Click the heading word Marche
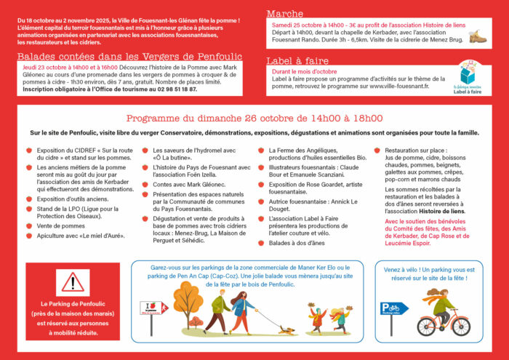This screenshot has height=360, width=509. pyautogui.click(x=285, y=14)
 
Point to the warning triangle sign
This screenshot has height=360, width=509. pyautogui.click(x=73, y=284)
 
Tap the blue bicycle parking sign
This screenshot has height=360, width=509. pyautogui.click(x=394, y=308)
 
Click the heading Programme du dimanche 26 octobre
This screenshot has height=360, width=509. pyautogui.click(x=254, y=119)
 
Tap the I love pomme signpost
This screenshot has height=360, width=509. pyautogui.click(x=152, y=308)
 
